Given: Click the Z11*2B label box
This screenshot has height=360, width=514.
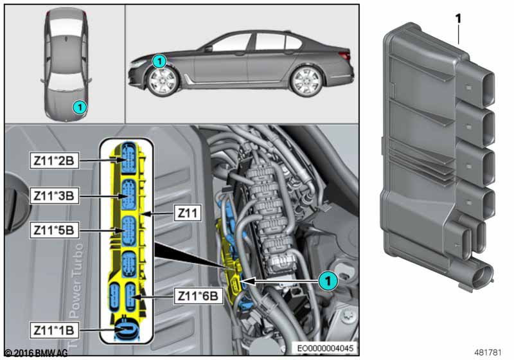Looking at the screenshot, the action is [x=54, y=161].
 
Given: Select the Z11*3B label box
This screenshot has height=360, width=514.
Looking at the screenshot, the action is [x=54, y=195].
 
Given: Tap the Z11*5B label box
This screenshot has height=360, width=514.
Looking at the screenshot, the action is [x=54, y=230].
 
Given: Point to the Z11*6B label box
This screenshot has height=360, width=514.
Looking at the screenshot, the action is [x=198, y=296].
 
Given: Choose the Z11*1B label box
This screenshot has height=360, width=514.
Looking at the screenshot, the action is [x=54, y=330].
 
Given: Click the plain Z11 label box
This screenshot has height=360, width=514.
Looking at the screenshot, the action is [x=188, y=213].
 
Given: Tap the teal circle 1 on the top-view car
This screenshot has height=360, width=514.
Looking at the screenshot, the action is [x=79, y=107].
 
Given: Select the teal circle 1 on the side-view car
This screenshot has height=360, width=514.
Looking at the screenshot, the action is [x=159, y=61].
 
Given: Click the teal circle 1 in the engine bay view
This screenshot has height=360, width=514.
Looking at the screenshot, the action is [x=328, y=281].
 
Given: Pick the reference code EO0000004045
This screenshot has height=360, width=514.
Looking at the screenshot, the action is [x=325, y=348].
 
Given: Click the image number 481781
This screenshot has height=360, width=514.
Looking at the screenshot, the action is [x=488, y=352].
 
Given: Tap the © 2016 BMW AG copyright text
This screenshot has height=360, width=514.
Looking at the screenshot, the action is [x=36, y=353].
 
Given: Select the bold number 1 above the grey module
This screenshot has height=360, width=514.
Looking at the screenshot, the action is [x=458, y=19].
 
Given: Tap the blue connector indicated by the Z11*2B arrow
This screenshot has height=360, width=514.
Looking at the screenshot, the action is [x=128, y=159].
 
